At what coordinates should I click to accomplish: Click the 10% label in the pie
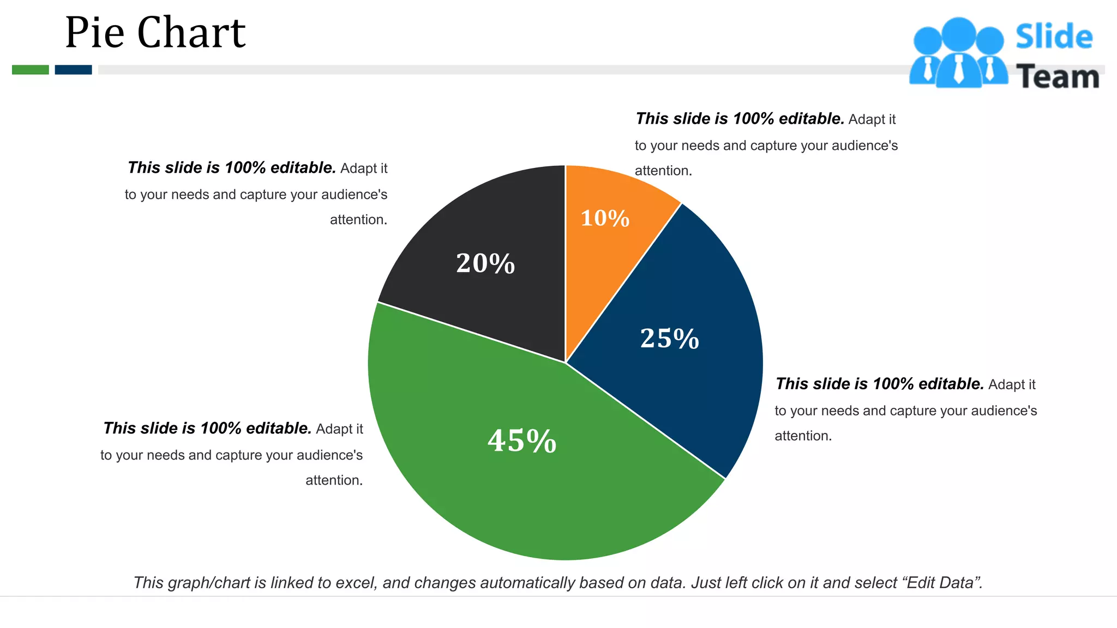pyautogui.click(x=605, y=219)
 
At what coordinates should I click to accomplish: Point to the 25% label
pyautogui.click(x=669, y=339)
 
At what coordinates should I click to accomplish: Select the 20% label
pyautogui.click(x=485, y=264)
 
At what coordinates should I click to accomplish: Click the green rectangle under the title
pyautogui.click(x=31, y=70)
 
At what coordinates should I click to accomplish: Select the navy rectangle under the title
pyautogui.click(x=73, y=70)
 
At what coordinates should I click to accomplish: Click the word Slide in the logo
pyautogui.click(x=1054, y=37)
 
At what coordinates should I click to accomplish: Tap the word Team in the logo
pyautogui.click(x=1057, y=77)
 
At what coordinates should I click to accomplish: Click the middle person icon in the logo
pyautogui.click(x=958, y=55)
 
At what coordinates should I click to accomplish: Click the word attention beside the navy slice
pyautogui.click(x=803, y=436)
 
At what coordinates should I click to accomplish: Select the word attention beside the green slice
pyautogui.click(x=334, y=480)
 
